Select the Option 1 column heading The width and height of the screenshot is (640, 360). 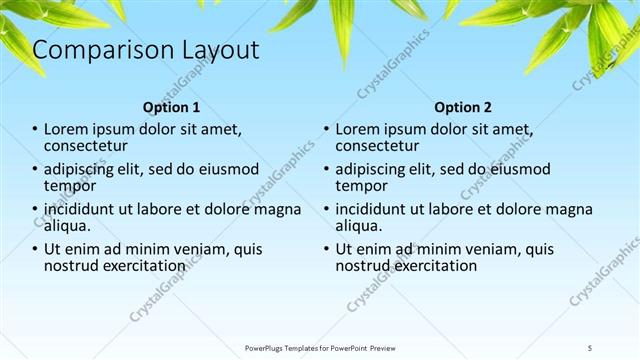[x=171, y=107]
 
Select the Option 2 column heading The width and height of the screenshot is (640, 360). [x=463, y=107]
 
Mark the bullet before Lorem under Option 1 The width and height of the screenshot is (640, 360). [x=35, y=130]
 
